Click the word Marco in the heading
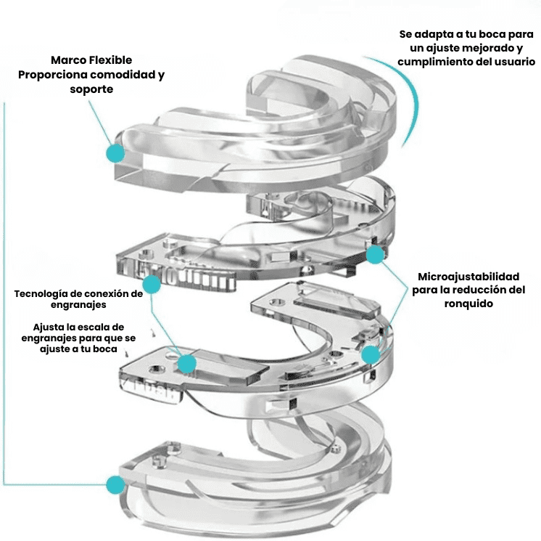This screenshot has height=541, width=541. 68,60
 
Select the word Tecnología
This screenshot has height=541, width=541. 44,293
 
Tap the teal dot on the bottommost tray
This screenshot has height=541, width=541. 114,484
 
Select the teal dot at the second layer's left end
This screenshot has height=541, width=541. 151,284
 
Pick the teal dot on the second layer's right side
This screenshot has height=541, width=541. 375,254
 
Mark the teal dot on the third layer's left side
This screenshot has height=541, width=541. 188,363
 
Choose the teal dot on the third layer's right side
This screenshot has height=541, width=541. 371,354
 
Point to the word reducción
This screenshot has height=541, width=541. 471,290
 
